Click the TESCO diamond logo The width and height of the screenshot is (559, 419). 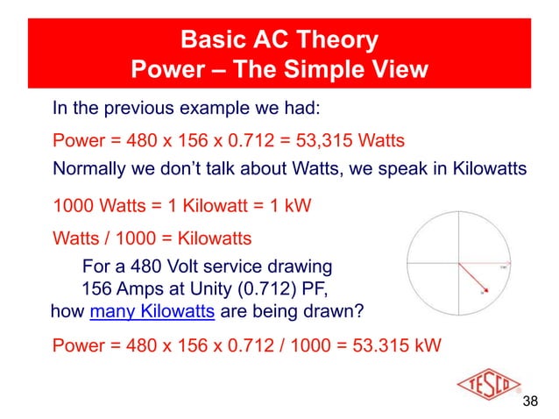click(x=485, y=385)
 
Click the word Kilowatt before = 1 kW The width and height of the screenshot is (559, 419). click(x=199, y=207)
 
